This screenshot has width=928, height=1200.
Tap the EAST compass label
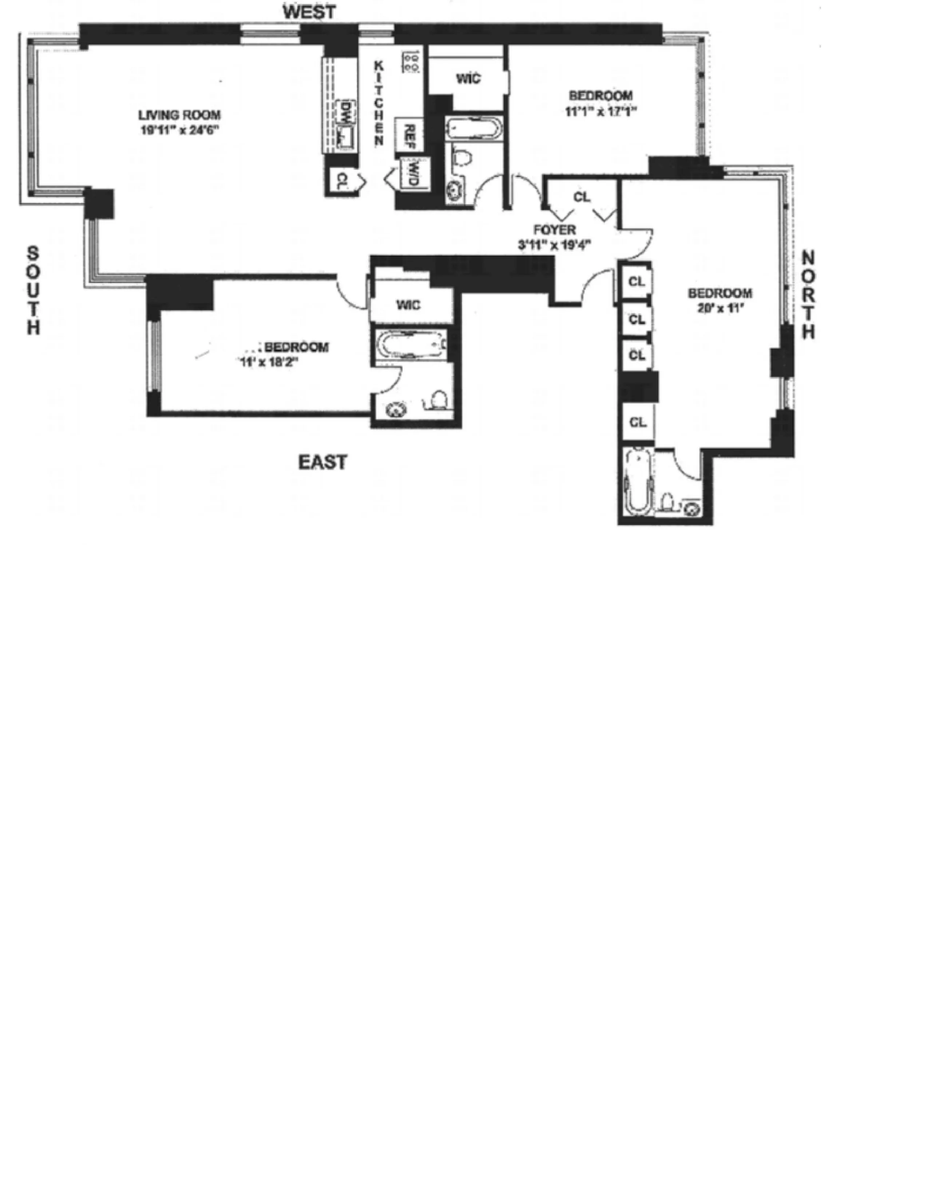click(x=323, y=462)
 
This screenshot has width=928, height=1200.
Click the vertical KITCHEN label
click(x=379, y=103)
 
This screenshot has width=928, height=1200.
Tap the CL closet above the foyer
click(x=581, y=197)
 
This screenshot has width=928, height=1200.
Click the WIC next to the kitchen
click(x=468, y=79)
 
